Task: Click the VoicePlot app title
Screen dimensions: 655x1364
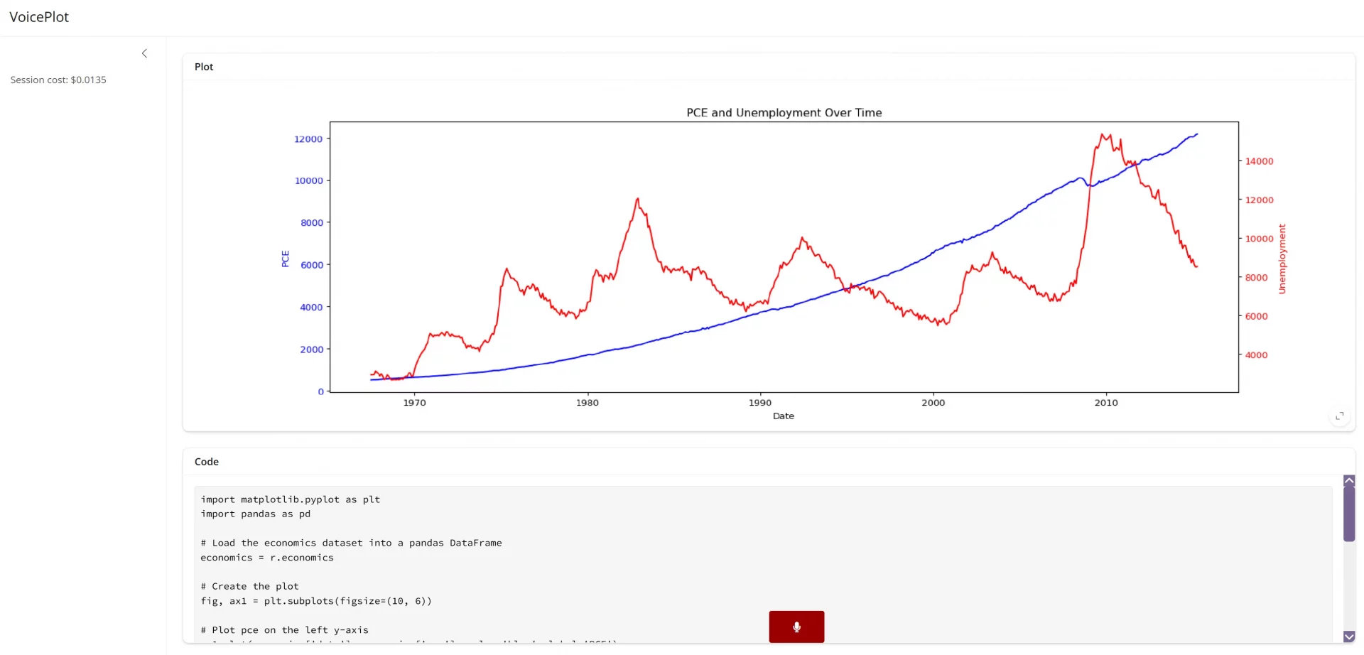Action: tap(39, 17)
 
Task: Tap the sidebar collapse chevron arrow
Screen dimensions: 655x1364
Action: tap(144, 53)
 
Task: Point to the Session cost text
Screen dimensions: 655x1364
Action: tap(58, 80)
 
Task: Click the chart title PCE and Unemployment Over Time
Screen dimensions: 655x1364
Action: tap(784, 112)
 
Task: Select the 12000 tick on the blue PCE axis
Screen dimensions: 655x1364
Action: tap(308, 139)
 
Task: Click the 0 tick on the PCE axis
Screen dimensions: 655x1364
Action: tap(321, 391)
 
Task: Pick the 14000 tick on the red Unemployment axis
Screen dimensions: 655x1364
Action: tap(1259, 161)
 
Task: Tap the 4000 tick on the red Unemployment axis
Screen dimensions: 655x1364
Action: tap(1256, 355)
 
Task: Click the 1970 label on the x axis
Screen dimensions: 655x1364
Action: tap(414, 403)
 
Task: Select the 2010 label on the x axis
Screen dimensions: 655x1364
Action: tap(1105, 403)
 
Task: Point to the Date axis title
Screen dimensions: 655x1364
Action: tap(783, 416)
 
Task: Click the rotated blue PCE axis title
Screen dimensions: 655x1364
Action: tap(286, 259)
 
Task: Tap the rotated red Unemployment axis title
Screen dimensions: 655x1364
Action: tap(1282, 259)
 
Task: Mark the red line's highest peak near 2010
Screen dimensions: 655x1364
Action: tap(1103, 134)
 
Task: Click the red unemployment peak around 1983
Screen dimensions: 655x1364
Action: tap(638, 199)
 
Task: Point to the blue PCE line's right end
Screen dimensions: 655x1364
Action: tap(1197, 134)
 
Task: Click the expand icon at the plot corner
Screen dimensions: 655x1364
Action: tap(1339, 416)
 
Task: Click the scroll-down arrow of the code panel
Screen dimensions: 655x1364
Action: tap(1349, 637)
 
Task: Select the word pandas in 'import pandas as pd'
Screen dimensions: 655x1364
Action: tap(258, 514)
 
